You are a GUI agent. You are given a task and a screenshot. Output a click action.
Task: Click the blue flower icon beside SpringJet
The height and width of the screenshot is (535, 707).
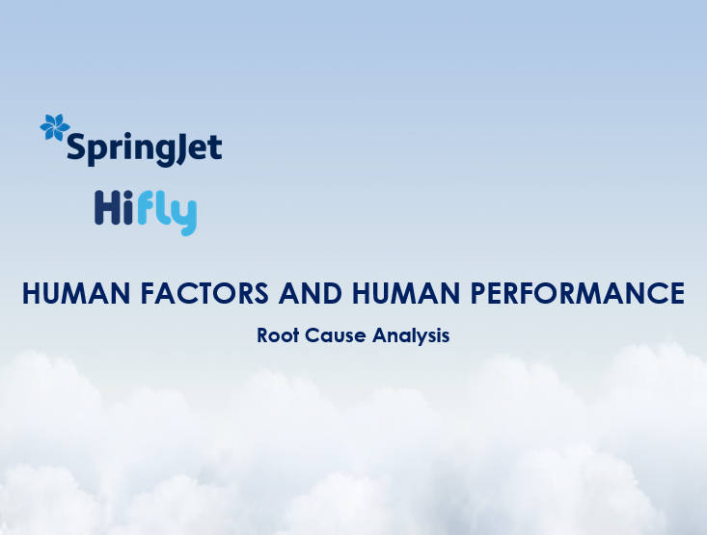pyautogui.click(x=55, y=128)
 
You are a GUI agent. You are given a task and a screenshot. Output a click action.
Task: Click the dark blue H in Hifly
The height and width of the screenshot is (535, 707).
pyautogui.click(x=107, y=208)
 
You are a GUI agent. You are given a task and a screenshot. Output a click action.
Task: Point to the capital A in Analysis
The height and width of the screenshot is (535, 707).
pyautogui.click(x=380, y=336)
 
